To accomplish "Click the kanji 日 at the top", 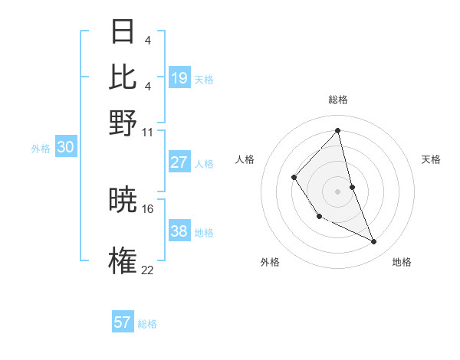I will point(123,33).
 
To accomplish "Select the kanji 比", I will point(123,77).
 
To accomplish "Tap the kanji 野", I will point(123,122).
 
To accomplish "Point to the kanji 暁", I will point(123,201).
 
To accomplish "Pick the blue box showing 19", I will point(179,78).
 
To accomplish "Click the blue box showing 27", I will point(179,162).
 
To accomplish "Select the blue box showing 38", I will point(179,231).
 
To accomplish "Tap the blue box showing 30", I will point(65,148).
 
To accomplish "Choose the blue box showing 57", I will point(123,322).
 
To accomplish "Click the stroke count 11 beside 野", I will point(148,132).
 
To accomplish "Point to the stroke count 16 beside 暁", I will point(148,208).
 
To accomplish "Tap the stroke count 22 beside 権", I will point(148,269).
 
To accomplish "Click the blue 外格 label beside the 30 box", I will point(41,149).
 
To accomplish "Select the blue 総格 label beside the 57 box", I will point(147,324).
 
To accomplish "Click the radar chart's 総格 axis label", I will point(337,100).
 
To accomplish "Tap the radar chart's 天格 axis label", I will point(432,159).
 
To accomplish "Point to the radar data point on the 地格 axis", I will point(374,241).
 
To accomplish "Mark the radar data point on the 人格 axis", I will point(294,178).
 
